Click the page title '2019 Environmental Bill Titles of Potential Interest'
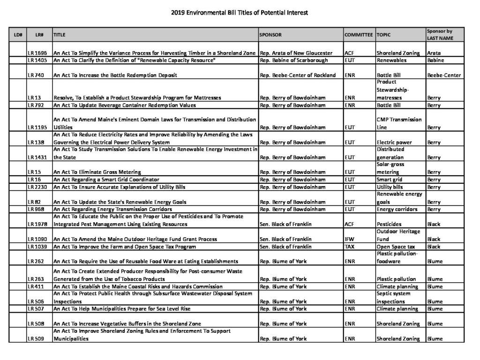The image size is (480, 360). click(x=240, y=13)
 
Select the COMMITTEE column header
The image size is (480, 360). click(x=359, y=35)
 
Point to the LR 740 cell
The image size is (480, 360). click(x=35, y=75)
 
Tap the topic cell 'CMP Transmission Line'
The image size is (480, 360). click(x=399, y=123)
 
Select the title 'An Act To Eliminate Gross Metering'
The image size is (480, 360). click(x=97, y=172)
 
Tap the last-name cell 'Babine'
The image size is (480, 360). click(x=435, y=60)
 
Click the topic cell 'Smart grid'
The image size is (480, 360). click(x=391, y=180)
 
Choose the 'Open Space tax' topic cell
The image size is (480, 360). click(x=396, y=247)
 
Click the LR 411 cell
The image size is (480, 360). click(x=35, y=286)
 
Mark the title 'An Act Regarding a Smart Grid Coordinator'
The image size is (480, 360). click(x=106, y=180)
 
